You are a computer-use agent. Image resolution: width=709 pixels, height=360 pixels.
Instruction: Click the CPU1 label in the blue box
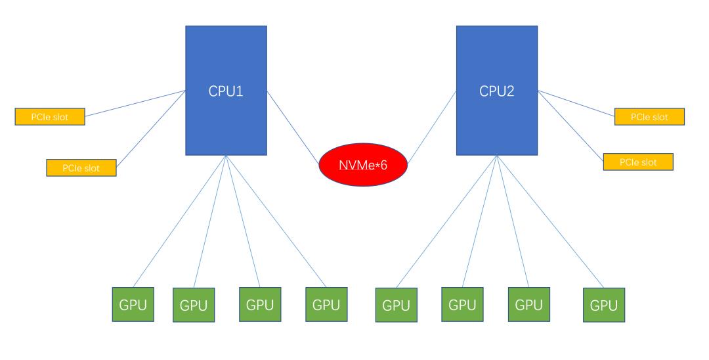pos(226,91)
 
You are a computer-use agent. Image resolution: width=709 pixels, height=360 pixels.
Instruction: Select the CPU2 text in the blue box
pos(496,91)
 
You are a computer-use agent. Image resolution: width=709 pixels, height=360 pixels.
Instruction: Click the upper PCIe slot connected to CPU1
pos(50,117)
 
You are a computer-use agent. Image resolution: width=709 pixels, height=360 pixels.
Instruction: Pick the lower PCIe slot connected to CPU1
pos(81,168)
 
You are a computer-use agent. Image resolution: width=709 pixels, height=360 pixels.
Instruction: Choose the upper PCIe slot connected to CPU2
pos(649,117)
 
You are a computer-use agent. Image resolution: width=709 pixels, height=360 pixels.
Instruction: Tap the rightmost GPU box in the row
pos(603,305)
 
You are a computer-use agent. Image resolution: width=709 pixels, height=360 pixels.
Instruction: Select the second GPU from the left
pos(194,305)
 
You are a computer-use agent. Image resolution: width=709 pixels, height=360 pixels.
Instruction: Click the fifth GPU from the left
pos(396,305)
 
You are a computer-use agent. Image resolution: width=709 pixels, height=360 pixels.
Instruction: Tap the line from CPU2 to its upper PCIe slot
pos(576,104)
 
